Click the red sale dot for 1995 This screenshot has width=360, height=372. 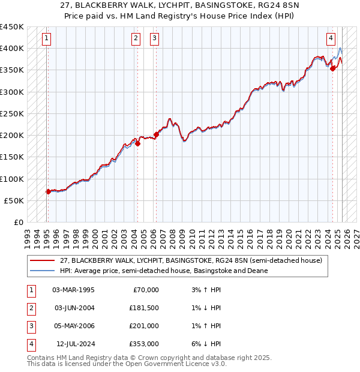tap(48, 192)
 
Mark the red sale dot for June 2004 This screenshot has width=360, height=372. tap(137, 143)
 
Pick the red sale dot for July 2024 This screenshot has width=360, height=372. tap(333, 68)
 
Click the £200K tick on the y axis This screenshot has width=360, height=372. tap(12, 136)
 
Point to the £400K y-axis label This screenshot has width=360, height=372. tap(12, 49)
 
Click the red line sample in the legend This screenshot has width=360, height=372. tap(43, 260)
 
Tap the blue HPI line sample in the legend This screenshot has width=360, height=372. tap(43, 271)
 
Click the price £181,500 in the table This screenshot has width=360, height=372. tap(144, 308)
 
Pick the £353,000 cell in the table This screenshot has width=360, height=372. tap(144, 344)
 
